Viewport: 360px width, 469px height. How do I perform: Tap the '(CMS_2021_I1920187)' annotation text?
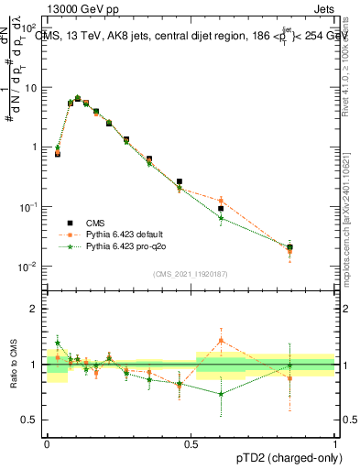191,272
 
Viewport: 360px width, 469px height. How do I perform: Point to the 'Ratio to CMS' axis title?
14,364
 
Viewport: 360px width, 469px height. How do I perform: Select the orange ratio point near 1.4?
221,341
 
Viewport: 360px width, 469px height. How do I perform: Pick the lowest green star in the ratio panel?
221,394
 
